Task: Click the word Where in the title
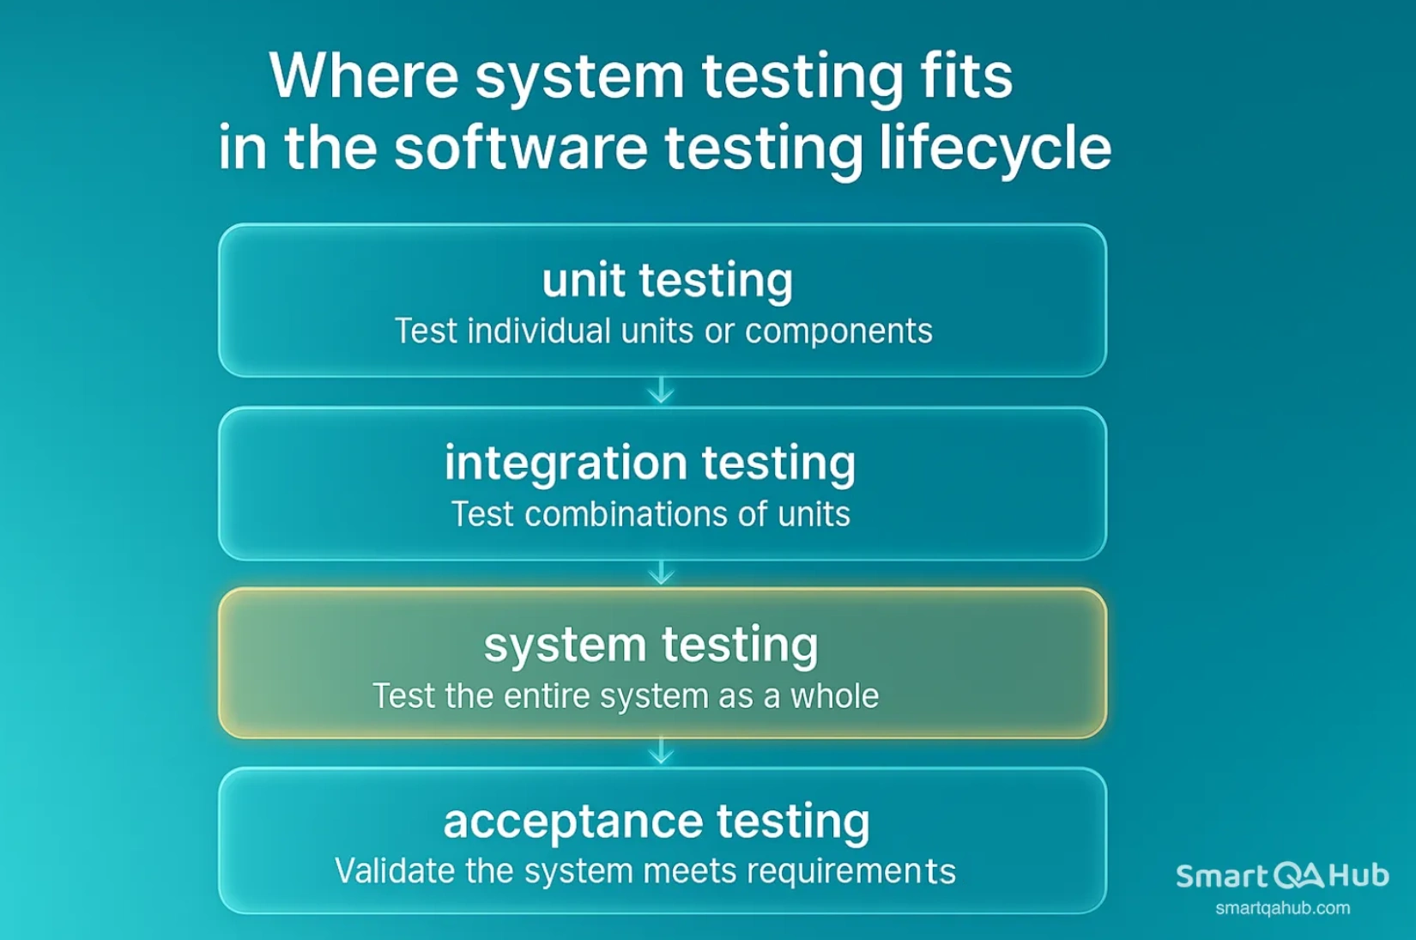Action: pos(364,76)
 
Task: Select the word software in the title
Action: pos(520,148)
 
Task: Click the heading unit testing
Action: pos(667,280)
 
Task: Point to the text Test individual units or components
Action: pos(663,331)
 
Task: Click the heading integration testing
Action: pos(650,463)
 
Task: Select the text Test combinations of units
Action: pos(651,514)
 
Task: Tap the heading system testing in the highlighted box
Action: pos(651,645)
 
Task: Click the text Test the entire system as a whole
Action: pos(625,696)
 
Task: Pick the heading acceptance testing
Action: pos(657,821)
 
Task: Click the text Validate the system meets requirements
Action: pos(644,871)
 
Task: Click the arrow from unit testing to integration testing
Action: pos(661,391)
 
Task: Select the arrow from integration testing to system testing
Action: pos(661,573)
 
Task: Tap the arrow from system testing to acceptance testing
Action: pos(661,751)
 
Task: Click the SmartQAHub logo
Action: pos(1282,876)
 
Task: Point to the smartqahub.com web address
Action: pos(1282,908)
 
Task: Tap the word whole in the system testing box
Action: pos(834,696)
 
